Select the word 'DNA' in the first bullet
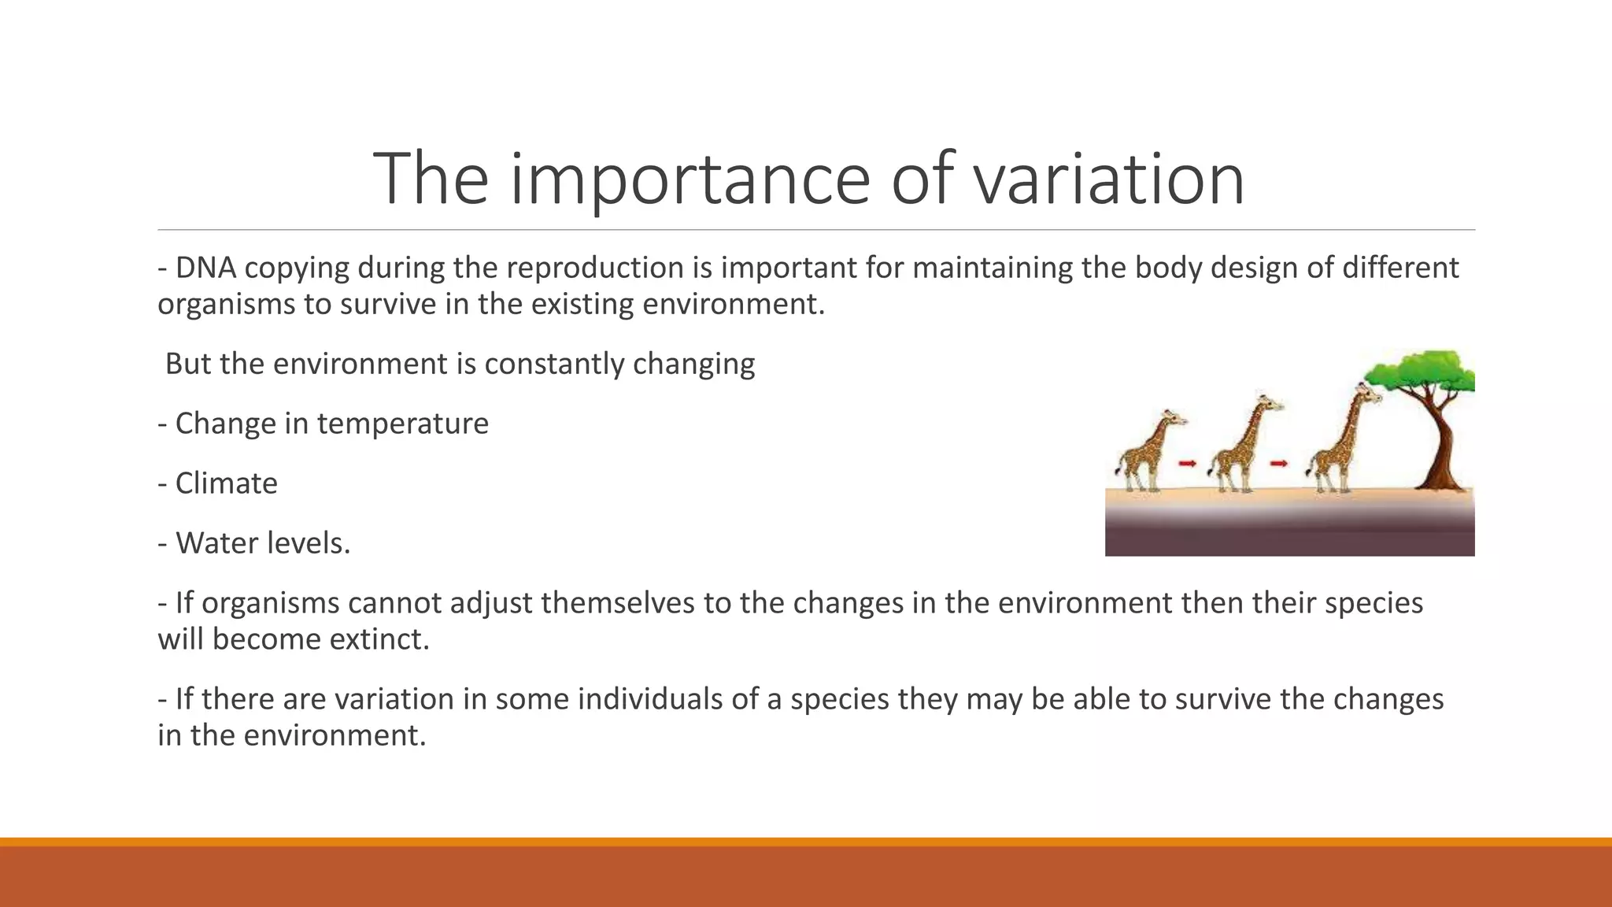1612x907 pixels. [x=206, y=268]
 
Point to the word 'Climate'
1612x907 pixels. [x=226, y=483]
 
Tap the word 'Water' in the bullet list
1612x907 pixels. [x=209, y=543]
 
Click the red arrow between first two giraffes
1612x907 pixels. [x=1187, y=464]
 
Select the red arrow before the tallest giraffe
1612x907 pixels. [x=1278, y=464]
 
